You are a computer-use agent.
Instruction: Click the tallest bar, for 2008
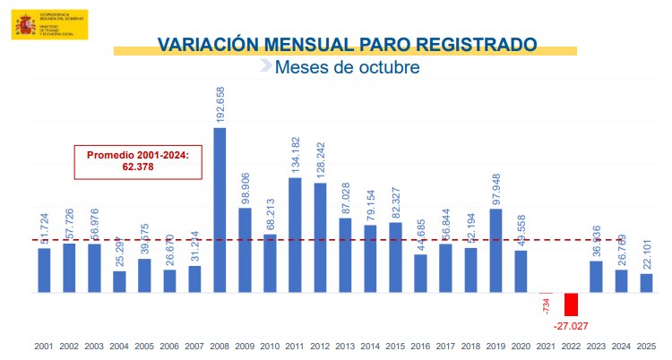220,210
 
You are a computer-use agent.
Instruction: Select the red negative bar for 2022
571,304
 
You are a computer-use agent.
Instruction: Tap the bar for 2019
495,251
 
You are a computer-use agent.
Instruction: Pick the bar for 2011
295,235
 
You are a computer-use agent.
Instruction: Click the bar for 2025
646,283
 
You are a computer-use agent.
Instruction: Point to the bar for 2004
119,281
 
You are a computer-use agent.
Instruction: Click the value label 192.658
220,105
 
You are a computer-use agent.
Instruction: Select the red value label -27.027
571,325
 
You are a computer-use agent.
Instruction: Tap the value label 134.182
296,156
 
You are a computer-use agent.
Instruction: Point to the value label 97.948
496,186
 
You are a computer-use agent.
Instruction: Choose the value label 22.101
647,252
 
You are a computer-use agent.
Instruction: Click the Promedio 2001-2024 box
138,160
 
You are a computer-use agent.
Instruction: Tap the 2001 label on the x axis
44,346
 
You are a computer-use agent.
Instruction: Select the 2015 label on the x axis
395,346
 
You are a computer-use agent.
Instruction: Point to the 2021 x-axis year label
546,346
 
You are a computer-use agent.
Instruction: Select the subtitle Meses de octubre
347,67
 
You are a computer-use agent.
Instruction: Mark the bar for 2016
420,273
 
